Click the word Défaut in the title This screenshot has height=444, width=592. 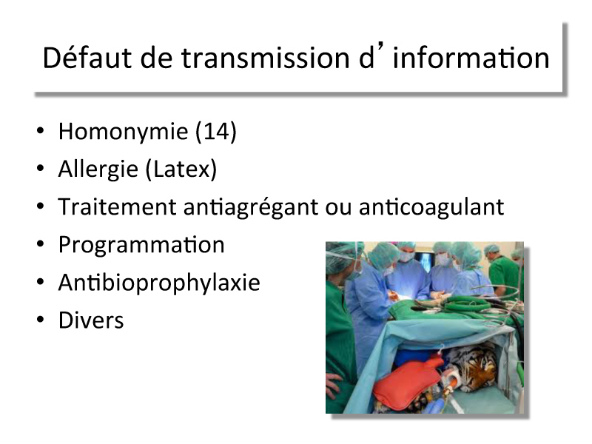(87, 58)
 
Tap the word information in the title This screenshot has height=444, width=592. (471, 58)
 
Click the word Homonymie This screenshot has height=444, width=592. (123, 132)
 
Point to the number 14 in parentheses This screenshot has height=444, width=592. (215, 132)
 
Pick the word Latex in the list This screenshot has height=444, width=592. (181, 169)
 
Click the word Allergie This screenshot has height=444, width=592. (98, 169)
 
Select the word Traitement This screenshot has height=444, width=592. (118, 207)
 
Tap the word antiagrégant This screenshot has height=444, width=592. (251, 208)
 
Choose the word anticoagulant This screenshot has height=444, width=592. (431, 208)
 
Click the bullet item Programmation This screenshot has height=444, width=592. (141, 246)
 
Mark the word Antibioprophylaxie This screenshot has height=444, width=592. (159, 283)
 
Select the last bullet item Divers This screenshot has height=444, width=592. (91, 320)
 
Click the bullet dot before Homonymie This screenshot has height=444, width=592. (40, 132)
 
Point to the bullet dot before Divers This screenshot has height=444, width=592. (40, 320)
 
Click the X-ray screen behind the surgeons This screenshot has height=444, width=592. (424, 260)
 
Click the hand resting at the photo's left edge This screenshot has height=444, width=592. (334, 386)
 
